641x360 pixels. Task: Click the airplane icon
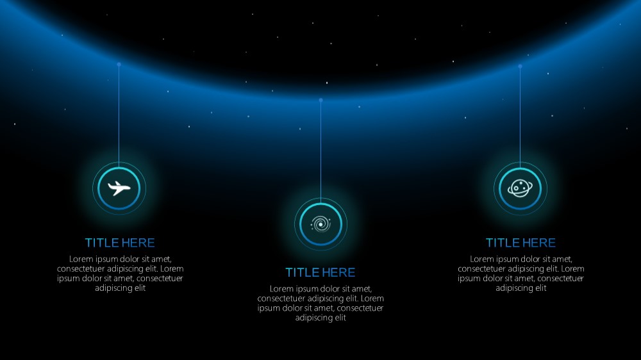119,188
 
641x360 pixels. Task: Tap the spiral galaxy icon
320,224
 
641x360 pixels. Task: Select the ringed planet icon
520,188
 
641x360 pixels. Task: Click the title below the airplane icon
120,243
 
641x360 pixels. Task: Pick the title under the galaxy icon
320,272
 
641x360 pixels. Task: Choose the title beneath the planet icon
520,243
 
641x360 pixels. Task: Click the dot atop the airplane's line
119,65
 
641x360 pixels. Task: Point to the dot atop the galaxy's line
321,100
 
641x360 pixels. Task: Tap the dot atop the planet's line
520,66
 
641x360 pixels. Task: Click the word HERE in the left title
138,243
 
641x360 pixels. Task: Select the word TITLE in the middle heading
302,272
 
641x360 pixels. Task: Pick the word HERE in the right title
539,243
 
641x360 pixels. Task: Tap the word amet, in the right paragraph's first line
561,259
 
